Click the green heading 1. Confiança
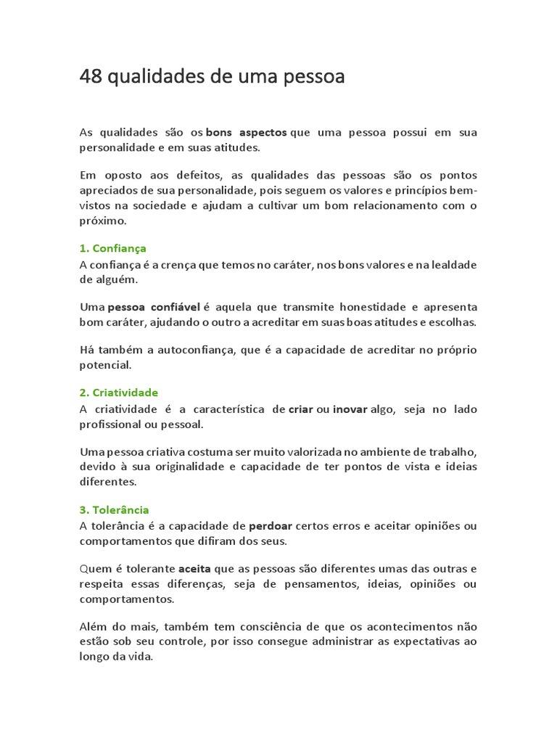click(x=112, y=248)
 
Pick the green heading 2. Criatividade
click(x=118, y=393)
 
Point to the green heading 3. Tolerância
click(x=114, y=510)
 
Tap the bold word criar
click(x=301, y=409)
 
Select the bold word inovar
click(x=350, y=409)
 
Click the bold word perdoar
click(x=271, y=526)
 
